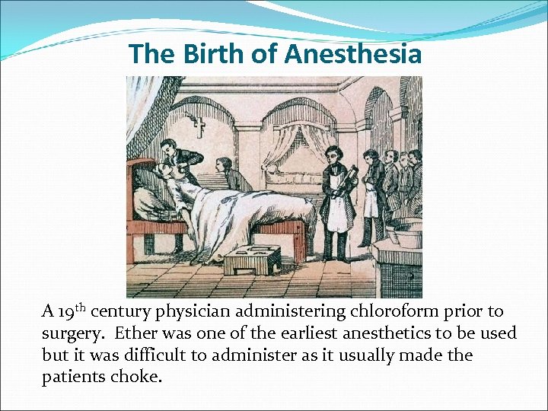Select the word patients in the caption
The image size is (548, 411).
click(71, 377)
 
